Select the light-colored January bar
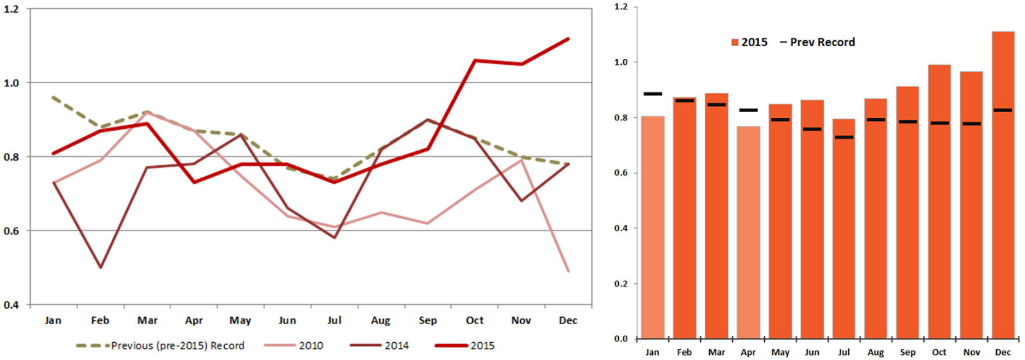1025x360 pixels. click(x=652, y=227)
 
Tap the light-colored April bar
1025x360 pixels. click(x=748, y=232)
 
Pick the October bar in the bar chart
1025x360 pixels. click(x=939, y=201)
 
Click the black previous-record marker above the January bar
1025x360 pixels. click(x=652, y=94)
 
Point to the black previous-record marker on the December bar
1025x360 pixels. click(x=1003, y=110)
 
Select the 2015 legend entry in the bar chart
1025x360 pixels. click(x=749, y=42)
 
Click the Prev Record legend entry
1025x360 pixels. click(x=817, y=42)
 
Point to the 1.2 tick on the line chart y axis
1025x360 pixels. click(x=11, y=10)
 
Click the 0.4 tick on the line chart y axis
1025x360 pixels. click(x=11, y=305)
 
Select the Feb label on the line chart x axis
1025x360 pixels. click(x=100, y=320)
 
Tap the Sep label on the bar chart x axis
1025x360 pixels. click(x=907, y=352)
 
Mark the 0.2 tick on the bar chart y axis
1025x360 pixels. click(x=621, y=284)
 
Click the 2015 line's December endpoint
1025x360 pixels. click(x=568, y=39)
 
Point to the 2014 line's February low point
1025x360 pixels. click(x=101, y=267)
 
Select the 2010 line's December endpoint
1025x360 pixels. click(x=568, y=271)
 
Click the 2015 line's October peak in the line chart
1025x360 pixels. click(x=475, y=61)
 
